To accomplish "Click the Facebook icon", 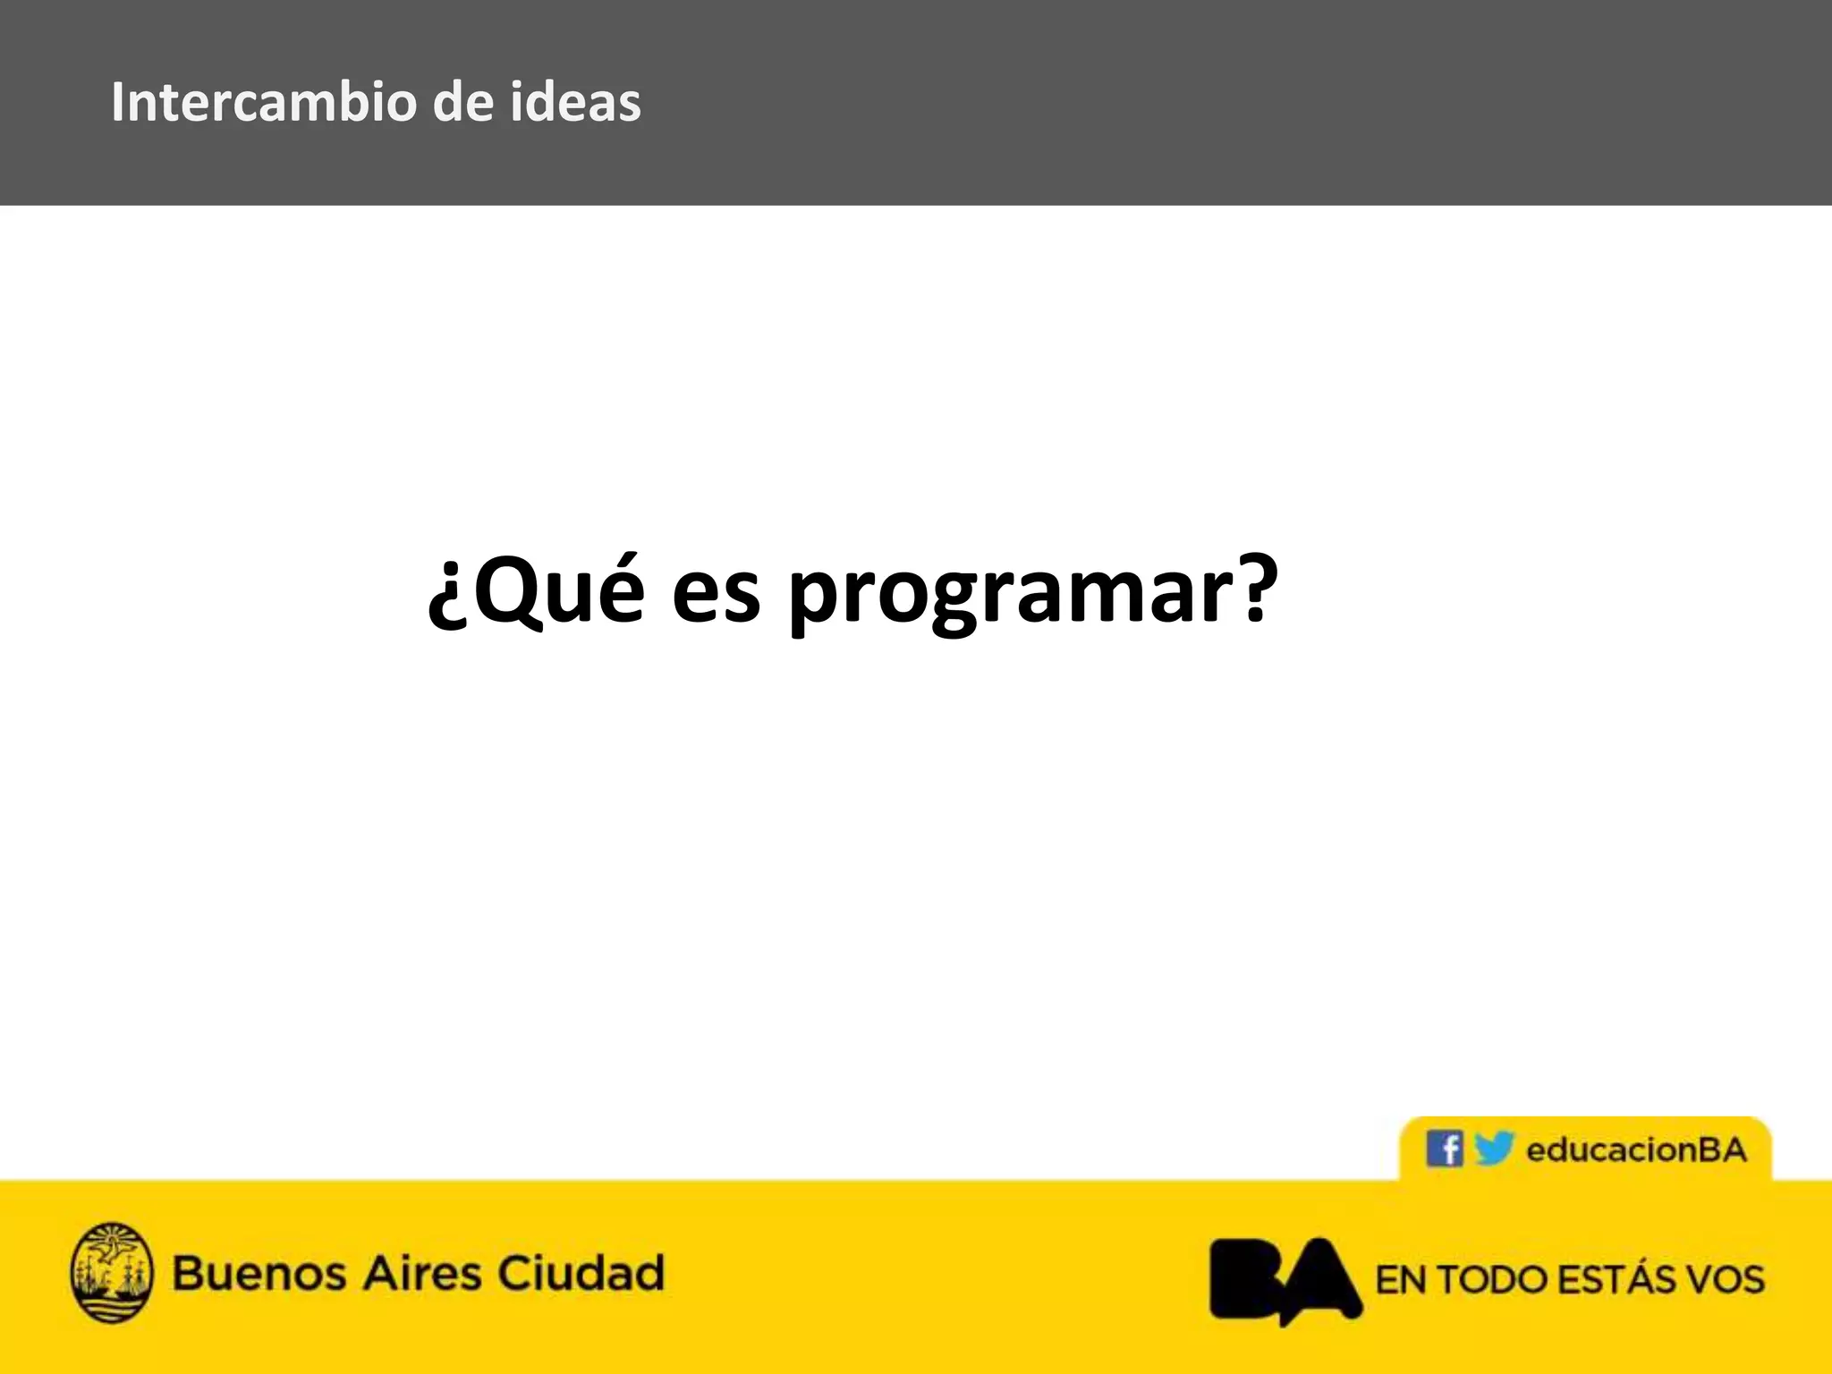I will [1444, 1149].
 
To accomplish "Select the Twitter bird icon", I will [1493, 1148].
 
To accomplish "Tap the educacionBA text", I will [1636, 1149].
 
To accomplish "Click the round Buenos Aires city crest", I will [112, 1272].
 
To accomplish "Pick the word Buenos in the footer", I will [259, 1273].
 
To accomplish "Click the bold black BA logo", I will [1285, 1279].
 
